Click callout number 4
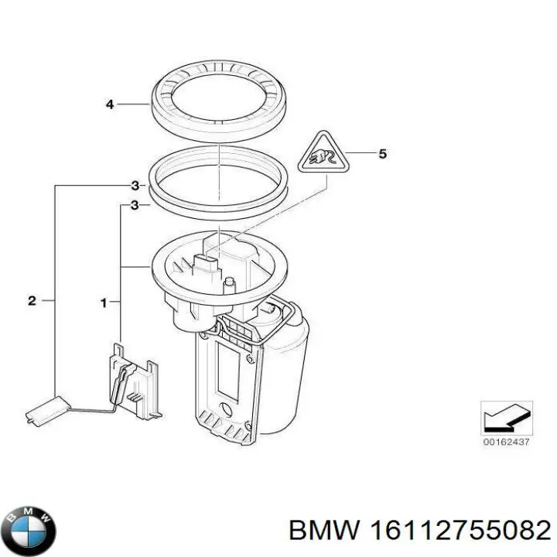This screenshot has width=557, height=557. tap(110, 104)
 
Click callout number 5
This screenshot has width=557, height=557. tap(382, 154)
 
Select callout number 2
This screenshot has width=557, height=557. tap(32, 301)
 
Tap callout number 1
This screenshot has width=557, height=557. tap(104, 302)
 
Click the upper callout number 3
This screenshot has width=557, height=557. tap(135, 186)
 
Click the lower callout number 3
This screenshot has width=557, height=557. tap(135, 206)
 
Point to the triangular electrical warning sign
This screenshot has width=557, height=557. tap(322, 155)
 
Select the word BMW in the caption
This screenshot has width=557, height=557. tap(319, 531)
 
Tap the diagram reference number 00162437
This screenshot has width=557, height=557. tap(507, 442)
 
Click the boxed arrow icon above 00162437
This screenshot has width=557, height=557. tap(507, 418)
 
